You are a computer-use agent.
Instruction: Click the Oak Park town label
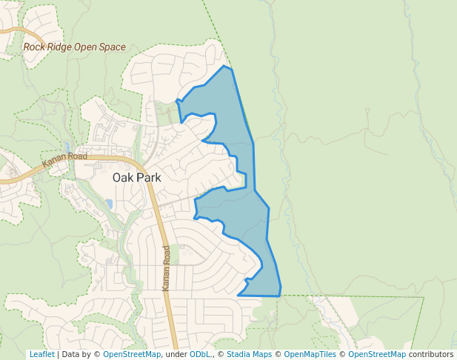[x=136, y=178]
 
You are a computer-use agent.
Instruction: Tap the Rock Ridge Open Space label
[x=74, y=47]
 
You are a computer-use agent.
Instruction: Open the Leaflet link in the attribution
[x=41, y=354]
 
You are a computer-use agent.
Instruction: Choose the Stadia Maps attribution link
[x=249, y=354]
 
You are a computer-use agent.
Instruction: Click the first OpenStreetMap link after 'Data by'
[x=132, y=354]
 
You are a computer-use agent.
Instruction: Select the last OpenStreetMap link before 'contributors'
[x=377, y=354]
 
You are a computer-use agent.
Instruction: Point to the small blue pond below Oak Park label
[x=110, y=203]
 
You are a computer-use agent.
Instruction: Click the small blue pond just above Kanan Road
[x=67, y=147]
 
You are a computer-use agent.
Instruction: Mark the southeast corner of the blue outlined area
[x=280, y=296]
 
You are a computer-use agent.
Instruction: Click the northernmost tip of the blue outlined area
[x=224, y=66]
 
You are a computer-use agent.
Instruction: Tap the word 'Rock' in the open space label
[x=35, y=47]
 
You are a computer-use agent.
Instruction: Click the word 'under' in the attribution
[x=175, y=354]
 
